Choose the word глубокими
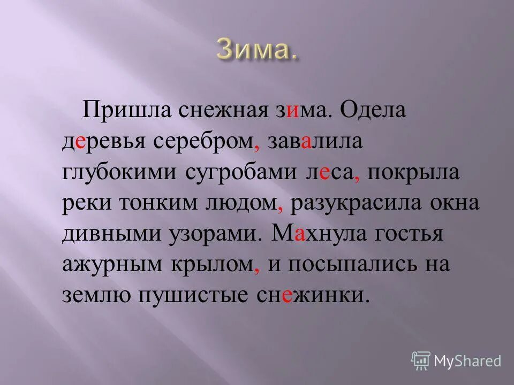pos(119,174)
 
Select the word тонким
pos(163,205)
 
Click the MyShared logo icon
pos(421,360)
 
